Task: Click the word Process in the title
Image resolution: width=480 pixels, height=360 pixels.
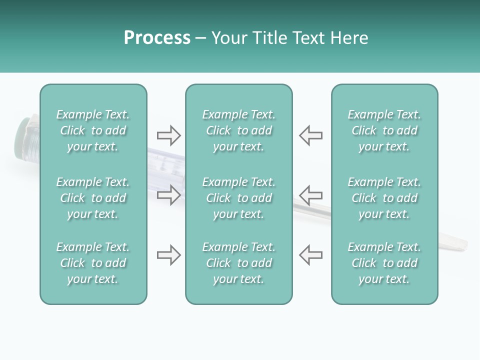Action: click(x=157, y=38)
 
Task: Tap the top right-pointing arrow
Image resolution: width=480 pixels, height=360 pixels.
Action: click(x=168, y=135)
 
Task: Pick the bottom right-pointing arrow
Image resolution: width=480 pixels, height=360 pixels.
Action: click(x=168, y=255)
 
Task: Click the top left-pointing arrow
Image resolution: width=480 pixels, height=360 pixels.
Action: click(x=310, y=135)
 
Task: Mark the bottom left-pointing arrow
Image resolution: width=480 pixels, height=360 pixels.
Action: click(x=310, y=255)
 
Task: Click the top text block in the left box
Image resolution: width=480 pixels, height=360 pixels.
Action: click(x=93, y=130)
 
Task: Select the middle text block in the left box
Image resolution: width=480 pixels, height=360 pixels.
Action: click(x=93, y=198)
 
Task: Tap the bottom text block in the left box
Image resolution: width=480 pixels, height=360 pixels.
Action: click(x=93, y=263)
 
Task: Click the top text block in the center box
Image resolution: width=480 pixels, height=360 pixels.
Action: click(x=238, y=130)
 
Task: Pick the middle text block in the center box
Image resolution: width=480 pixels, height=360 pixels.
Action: click(x=238, y=198)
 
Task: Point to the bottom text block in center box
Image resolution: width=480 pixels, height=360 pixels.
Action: click(x=238, y=263)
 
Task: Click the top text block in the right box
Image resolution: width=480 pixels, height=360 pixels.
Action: click(x=384, y=130)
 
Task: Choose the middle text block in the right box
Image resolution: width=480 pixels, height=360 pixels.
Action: click(x=384, y=198)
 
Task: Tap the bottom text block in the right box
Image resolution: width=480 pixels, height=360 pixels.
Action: click(x=384, y=263)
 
